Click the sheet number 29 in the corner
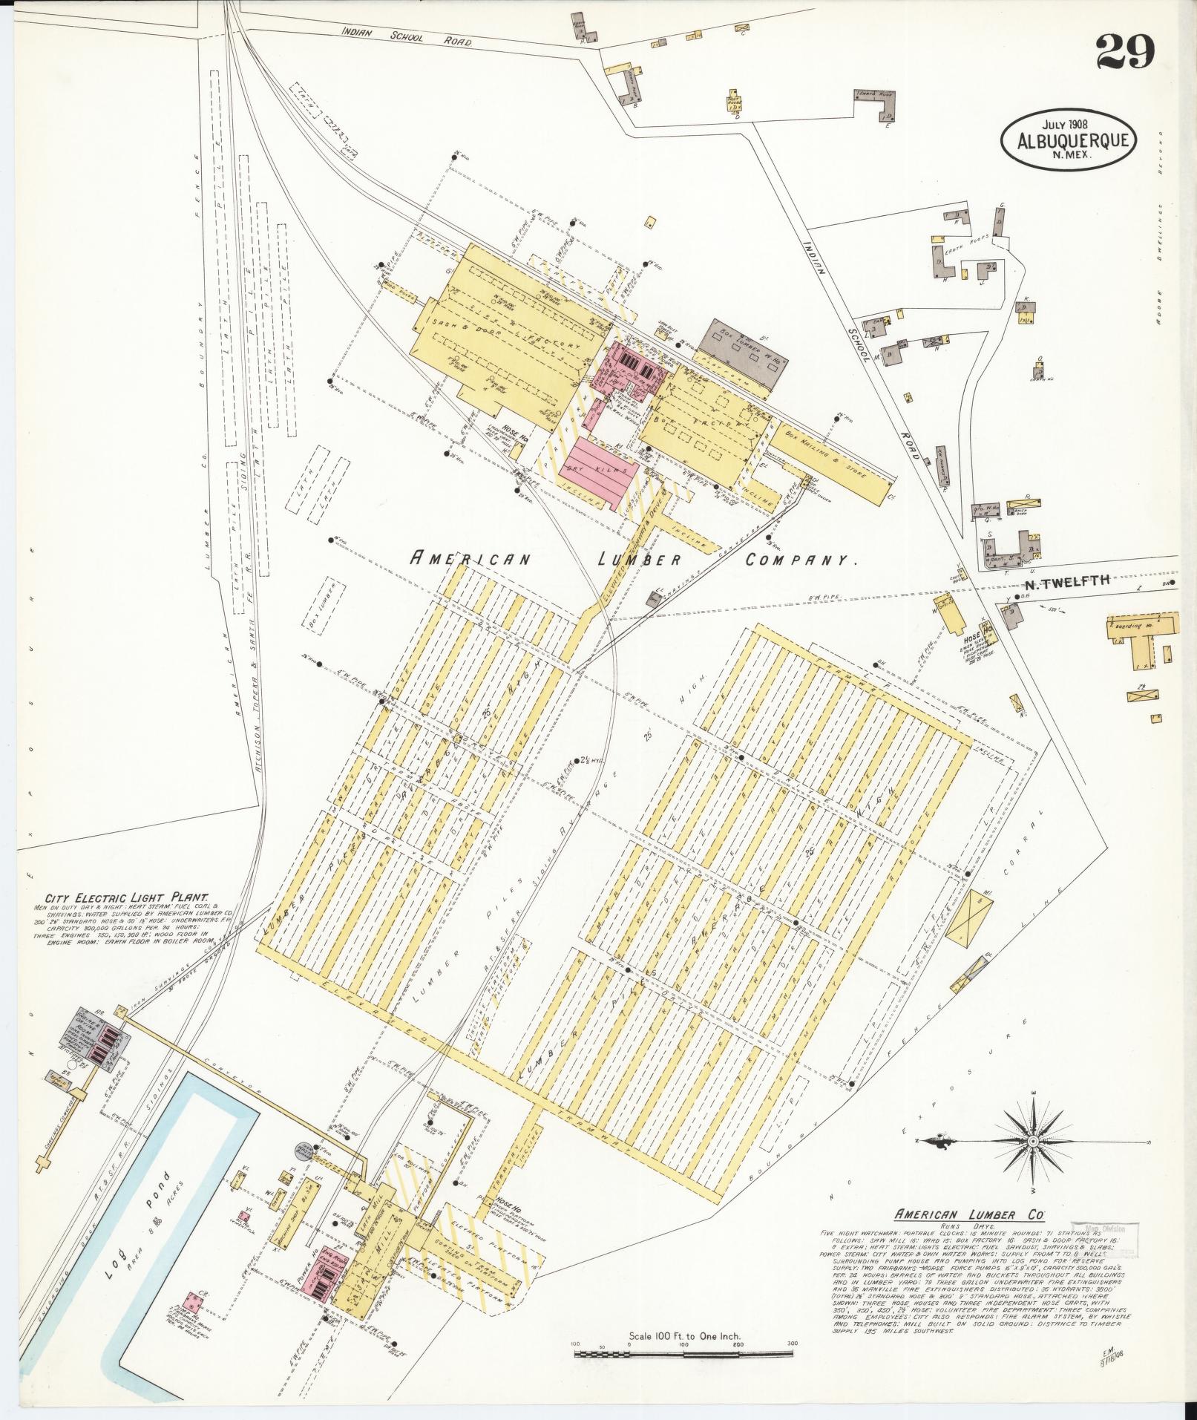[1125, 52]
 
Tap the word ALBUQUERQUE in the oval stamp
[1069, 140]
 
